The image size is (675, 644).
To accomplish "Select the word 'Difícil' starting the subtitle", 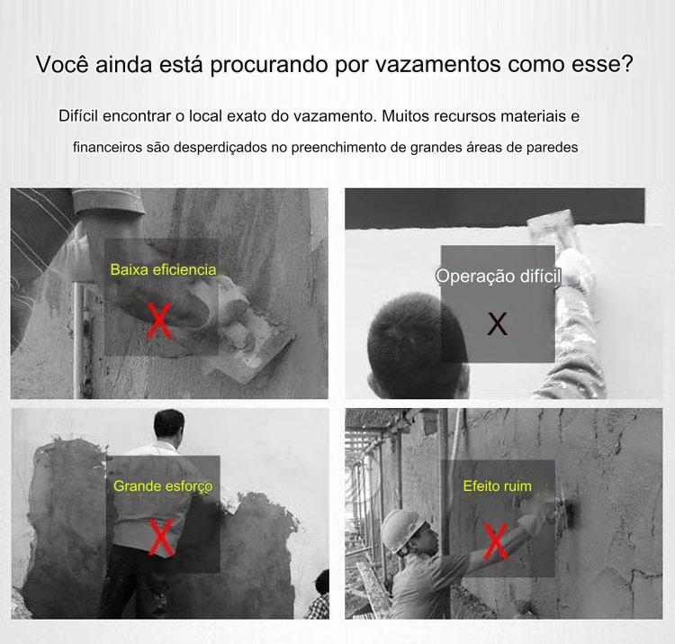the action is point(78,116).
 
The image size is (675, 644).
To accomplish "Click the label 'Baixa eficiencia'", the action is point(163,269).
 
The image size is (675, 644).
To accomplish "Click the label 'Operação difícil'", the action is point(499,276).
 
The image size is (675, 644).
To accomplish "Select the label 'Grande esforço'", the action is point(163,485).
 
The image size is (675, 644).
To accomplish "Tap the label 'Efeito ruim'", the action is point(497,485).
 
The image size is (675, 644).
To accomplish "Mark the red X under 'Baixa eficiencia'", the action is point(159,320).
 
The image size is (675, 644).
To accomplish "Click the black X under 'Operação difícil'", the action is point(497,324).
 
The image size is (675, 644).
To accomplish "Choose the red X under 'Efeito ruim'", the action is point(496,541).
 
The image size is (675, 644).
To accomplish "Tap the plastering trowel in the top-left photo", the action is point(249,353).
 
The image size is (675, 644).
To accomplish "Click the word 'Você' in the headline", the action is point(62,64).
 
